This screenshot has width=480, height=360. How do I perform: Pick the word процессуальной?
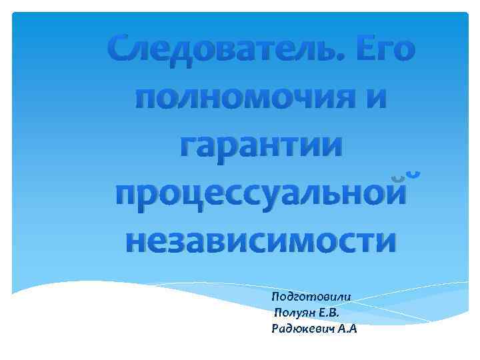click(x=260, y=193)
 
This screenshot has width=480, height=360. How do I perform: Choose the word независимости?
click(x=260, y=239)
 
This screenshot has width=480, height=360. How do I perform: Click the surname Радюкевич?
click(x=303, y=329)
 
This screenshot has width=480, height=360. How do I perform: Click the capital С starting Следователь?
click(x=123, y=49)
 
